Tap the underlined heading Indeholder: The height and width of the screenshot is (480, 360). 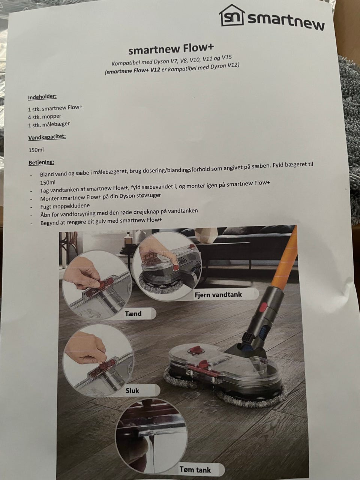42,97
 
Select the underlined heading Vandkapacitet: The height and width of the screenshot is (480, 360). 47,137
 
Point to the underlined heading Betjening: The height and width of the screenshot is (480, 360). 42,162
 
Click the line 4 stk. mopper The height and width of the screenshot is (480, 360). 45,117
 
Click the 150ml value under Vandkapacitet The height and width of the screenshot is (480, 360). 36,150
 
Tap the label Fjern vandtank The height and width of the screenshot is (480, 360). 218,294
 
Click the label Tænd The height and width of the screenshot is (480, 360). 133,313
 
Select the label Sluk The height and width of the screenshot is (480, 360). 132,390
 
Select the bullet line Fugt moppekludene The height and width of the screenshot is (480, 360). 65,206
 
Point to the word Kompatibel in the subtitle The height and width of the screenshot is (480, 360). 126,63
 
